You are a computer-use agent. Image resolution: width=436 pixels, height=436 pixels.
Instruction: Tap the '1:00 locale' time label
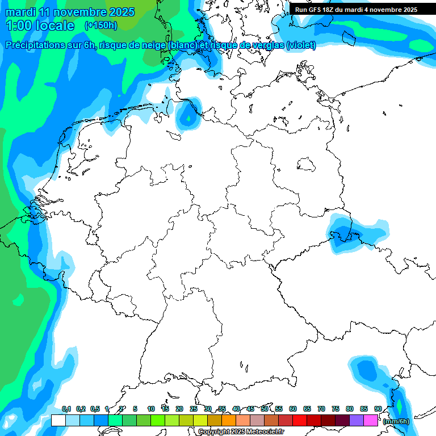point(40,26)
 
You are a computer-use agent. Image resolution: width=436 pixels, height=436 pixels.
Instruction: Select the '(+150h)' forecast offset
point(101,26)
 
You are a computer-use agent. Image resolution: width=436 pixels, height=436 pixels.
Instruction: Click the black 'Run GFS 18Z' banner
point(356,10)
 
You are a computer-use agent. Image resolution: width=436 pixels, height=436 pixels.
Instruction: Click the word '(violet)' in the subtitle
point(301,45)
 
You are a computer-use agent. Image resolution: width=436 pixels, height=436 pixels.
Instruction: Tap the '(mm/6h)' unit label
point(396,421)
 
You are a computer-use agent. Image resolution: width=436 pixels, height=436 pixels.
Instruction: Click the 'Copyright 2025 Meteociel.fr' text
point(241,432)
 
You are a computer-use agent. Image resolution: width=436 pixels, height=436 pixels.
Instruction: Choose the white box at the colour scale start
point(58,421)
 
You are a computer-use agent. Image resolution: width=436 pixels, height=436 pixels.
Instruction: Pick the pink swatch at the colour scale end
point(371,421)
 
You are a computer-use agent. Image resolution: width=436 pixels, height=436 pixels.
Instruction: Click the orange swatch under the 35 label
point(229,421)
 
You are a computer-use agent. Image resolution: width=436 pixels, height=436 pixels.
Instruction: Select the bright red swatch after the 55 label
point(300,421)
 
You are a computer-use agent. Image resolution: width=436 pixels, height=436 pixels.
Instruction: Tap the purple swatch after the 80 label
point(357,421)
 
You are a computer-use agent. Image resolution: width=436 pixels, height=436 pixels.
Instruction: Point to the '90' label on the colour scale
point(378,409)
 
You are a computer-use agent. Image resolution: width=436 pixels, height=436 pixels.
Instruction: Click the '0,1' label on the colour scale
point(66,409)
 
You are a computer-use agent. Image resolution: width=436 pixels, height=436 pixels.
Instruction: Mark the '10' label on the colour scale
point(151,409)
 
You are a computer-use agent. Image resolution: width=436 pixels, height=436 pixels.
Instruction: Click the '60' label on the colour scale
point(293,409)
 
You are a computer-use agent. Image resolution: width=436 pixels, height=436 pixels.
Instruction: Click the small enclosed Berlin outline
point(307,165)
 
